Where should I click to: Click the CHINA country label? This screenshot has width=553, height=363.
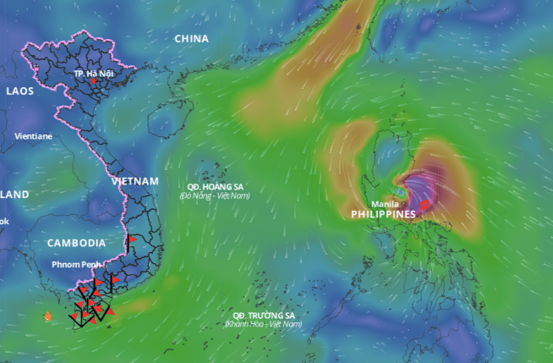tap(192, 39)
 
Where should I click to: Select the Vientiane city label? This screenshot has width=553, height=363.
tap(33, 135)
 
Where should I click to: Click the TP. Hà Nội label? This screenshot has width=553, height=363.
tap(93, 74)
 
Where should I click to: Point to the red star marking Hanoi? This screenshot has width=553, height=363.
tap(92, 82)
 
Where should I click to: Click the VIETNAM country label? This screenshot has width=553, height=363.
tap(135, 181)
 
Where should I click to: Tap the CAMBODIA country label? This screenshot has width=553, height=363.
tap(76, 243)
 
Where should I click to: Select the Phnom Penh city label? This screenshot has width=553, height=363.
tap(77, 265)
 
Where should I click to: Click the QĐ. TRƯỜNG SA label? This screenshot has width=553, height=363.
tap(263, 315)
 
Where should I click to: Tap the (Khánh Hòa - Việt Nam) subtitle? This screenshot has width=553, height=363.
tap(263, 324)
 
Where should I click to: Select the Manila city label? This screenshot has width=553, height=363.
tap(386, 204)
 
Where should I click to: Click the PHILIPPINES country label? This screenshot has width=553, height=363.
tap(384, 215)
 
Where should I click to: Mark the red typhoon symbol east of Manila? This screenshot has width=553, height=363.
tap(424, 205)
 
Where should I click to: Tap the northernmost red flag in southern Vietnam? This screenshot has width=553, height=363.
tap(132, 240)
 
